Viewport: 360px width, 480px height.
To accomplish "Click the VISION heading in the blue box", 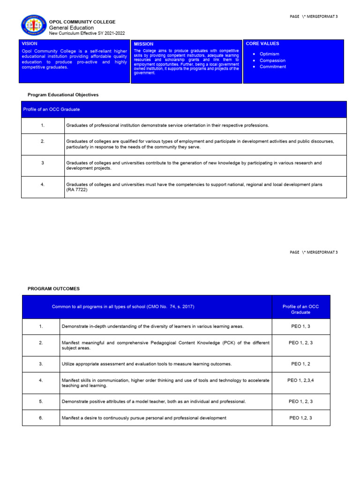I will click(30, 44).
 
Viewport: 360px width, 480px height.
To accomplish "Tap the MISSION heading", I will click(143, 44).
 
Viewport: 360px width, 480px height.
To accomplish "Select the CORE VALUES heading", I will click(262, 44).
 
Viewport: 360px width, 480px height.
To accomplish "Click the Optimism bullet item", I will click(269, 54).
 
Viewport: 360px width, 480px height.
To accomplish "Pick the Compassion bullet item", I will click(272, 60).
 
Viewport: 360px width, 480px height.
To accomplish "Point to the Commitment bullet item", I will click(272, 67).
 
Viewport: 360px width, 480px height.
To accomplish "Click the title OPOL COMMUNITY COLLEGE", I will click(82, 22).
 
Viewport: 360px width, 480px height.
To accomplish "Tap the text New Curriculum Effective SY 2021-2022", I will click(87, 33).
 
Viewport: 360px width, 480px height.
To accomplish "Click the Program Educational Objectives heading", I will click(63, 95).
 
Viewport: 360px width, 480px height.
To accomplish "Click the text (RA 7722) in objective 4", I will click(77, 190).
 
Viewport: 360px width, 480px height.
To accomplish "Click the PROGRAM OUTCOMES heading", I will click(53, 289).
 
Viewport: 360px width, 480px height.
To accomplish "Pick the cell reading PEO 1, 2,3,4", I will click(300, 380).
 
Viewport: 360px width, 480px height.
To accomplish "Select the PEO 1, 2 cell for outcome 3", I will click(300, 364).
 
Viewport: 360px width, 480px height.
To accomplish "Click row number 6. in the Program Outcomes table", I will click(41, 418).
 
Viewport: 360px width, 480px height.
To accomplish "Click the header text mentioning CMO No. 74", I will click(123, 307).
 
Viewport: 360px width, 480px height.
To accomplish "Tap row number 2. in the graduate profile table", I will click(43, 141).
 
